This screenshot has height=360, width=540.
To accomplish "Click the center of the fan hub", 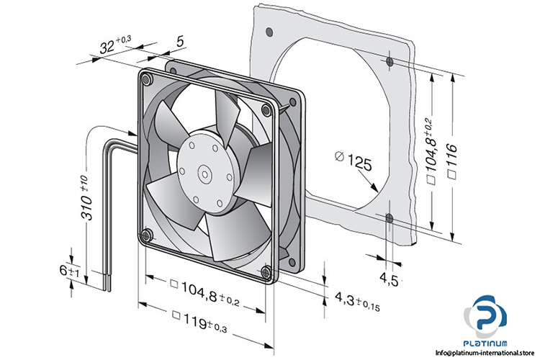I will point(204,174).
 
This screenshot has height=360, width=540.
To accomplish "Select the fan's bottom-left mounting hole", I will point(146,234).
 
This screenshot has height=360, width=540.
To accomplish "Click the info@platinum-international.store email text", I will point(488,353).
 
